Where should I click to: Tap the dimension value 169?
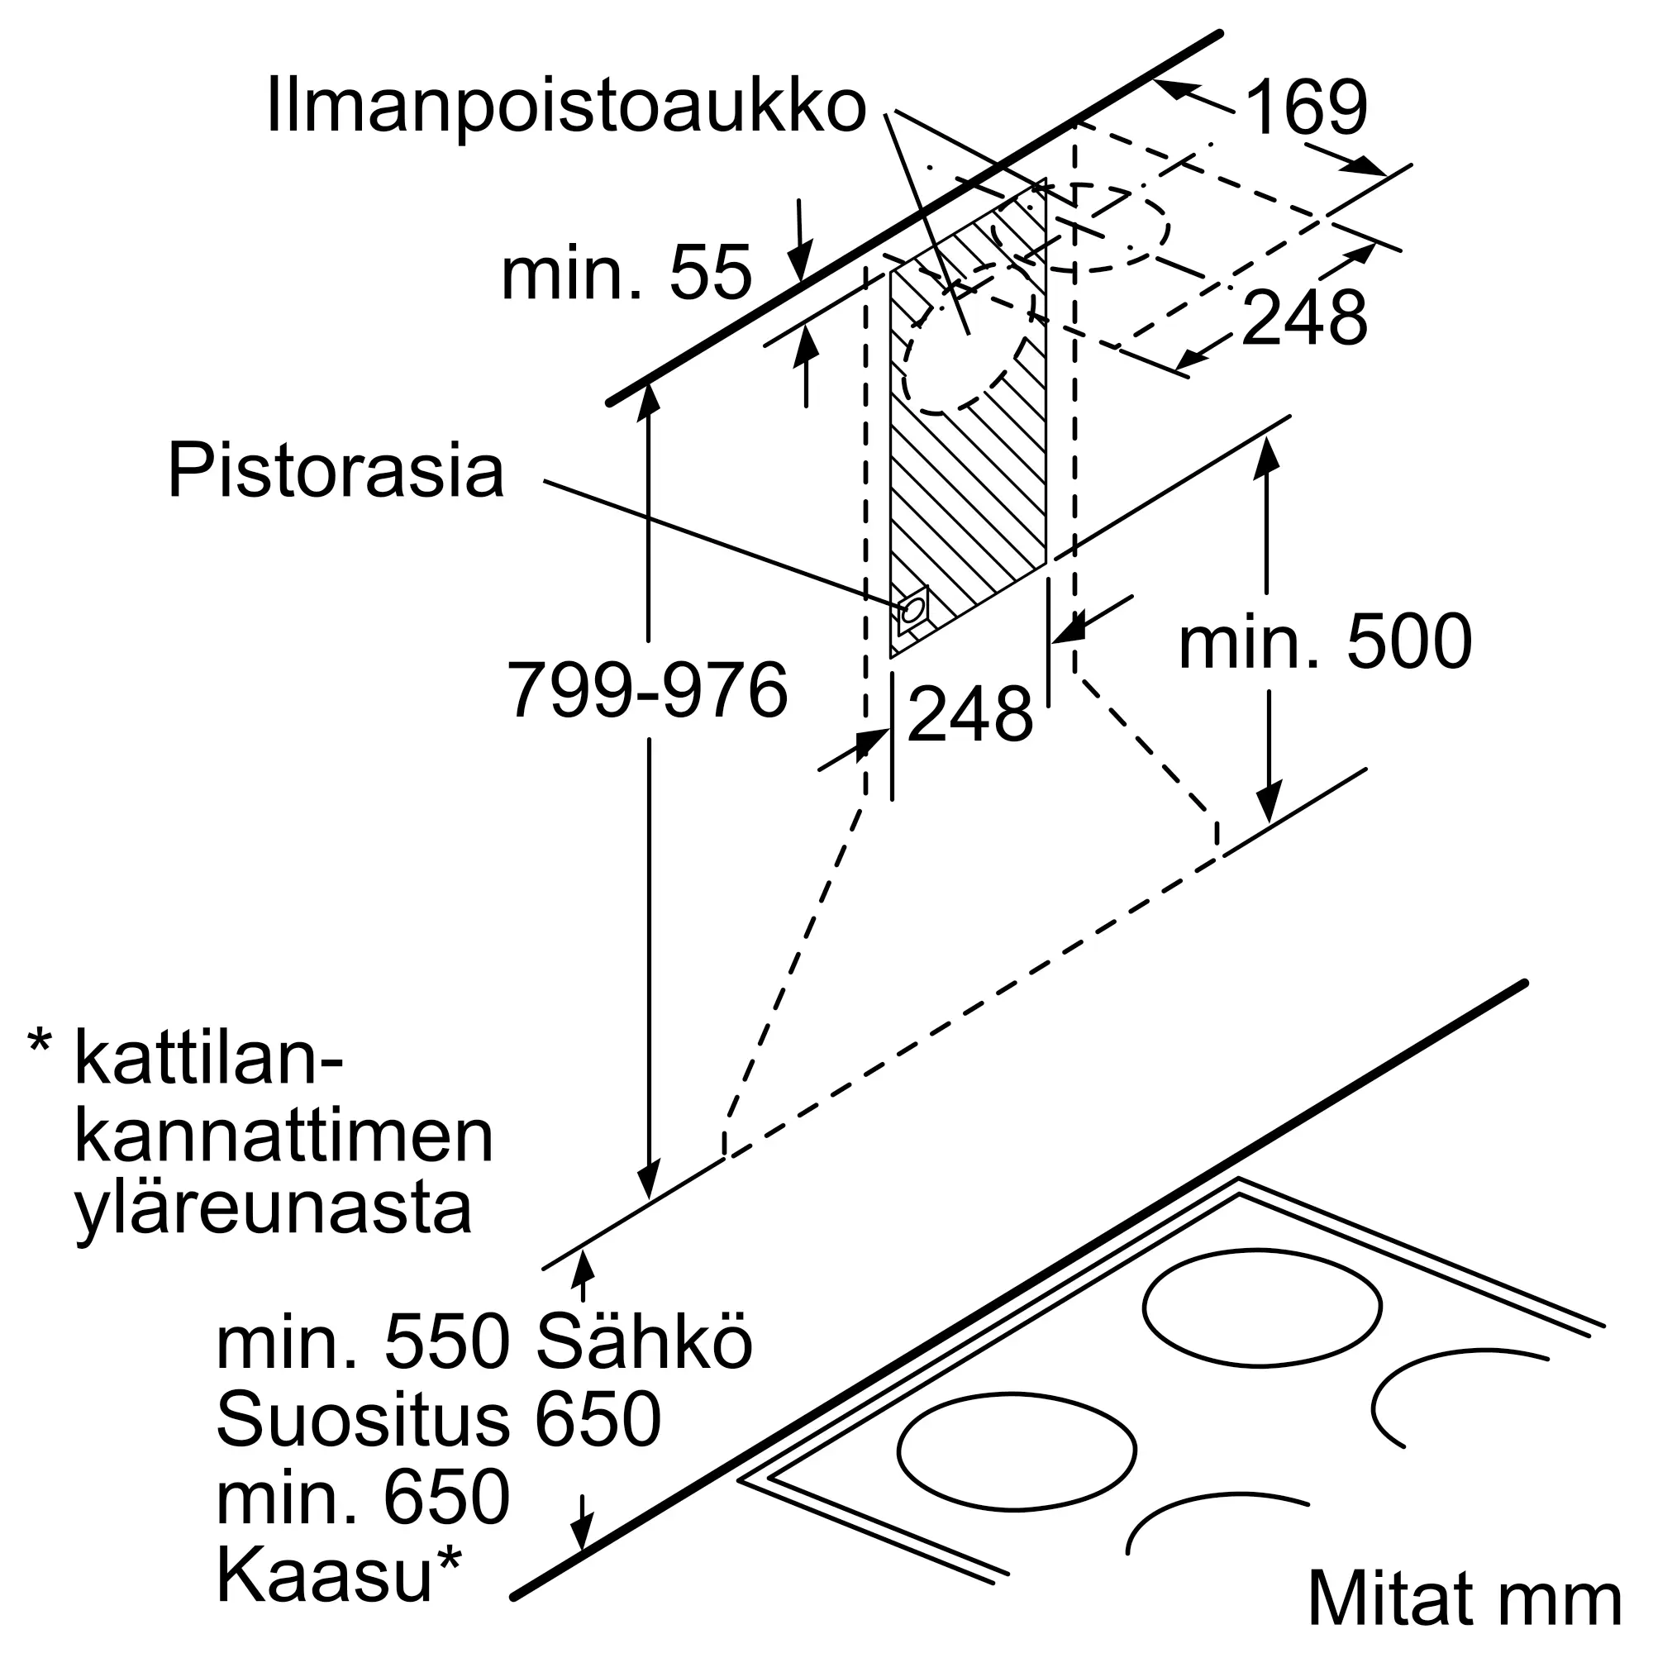pos(1306,108)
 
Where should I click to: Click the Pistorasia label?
pos(336,470)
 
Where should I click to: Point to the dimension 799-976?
pos(648,689)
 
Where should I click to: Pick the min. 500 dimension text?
pos(1326,642)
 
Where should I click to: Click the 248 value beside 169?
pos(1304,318)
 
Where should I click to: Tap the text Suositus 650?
pos(439,1420)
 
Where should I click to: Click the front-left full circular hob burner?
pos(1017,1451)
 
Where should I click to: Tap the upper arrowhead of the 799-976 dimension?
pos(650,398)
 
